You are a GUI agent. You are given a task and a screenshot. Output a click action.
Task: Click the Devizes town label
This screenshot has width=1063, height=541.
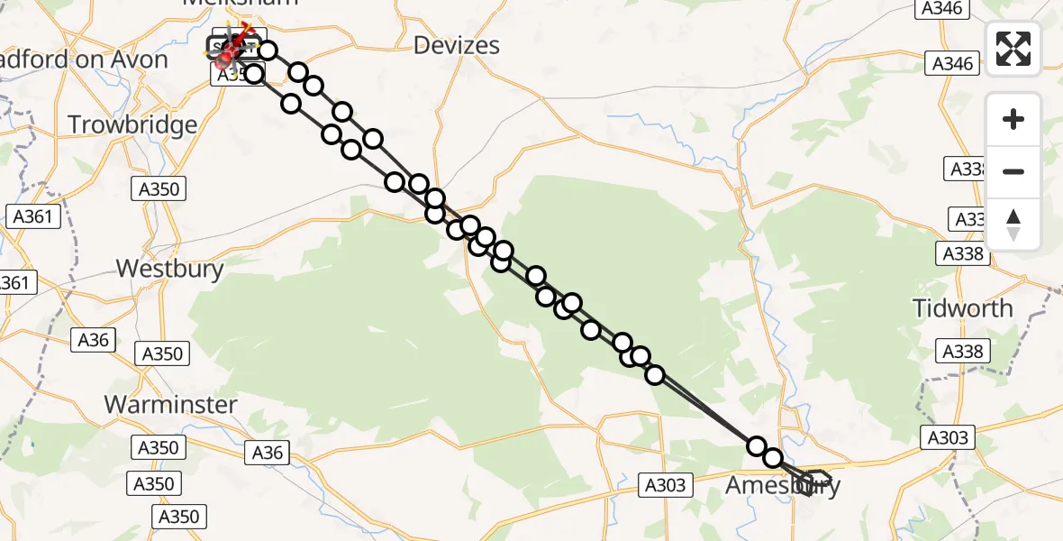(456, 45)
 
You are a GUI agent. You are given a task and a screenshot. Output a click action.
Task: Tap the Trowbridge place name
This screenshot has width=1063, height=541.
(132, 125)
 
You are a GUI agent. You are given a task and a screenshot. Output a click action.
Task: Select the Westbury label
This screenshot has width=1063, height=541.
(170, 268)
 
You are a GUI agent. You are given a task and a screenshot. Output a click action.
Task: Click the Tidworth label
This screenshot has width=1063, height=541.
(962, 308)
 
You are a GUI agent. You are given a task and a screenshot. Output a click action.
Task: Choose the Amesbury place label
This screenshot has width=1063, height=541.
(782, 486)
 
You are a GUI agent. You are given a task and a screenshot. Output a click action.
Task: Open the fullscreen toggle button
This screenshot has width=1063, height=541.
(1013, 49)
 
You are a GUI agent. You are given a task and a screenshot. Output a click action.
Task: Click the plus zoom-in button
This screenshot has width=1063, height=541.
(1013, 119)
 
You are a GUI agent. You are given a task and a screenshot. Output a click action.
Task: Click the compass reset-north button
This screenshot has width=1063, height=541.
(1013, 224)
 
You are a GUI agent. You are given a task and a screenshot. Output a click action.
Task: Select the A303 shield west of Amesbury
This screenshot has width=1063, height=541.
(665, 485)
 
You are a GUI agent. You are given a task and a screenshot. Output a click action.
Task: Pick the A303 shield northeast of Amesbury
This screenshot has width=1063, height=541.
(947, 438)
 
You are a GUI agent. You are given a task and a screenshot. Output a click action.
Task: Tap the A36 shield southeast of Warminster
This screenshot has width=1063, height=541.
(268, 453)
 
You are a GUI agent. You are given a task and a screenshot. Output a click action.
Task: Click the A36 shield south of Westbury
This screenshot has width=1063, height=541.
(93, 340)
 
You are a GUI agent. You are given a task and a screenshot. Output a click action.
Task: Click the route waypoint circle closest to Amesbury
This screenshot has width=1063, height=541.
(773, 458)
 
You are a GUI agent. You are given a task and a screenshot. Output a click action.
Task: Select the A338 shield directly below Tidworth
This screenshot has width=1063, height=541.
(961, 351)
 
